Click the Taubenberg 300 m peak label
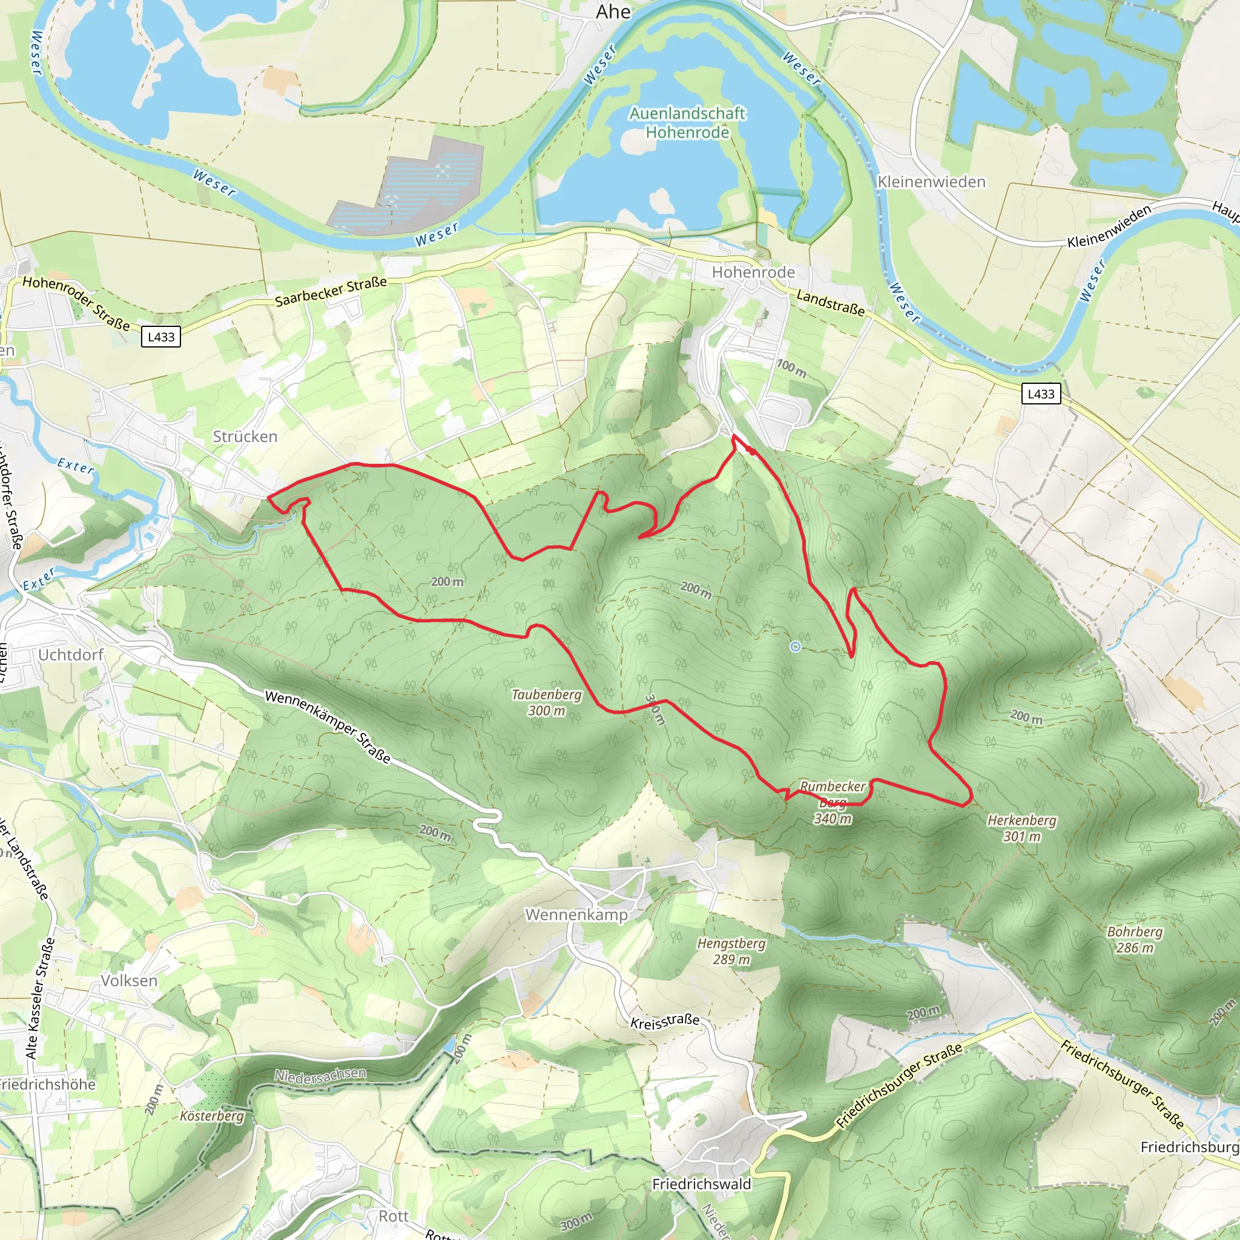coord(546,702)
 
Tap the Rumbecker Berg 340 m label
coord(833,802)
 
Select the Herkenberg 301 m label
coord(1022,828)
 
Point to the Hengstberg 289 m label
coord(731,951)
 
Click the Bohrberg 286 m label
coord(1135,939)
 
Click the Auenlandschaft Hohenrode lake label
coord(687,122)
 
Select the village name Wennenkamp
coord(576,915)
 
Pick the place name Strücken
coord(245,437)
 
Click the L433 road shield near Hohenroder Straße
coord(161,337)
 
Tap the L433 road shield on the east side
coord(1041,394)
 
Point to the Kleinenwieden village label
coord(931,182)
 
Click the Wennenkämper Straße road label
coord(328,727)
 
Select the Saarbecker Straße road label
coord(331,291)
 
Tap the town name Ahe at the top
coord(613,12)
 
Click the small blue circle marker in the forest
coord(795,646)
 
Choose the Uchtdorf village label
coord(71,655)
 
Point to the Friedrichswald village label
coord(702,1184)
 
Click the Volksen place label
coord(129,981)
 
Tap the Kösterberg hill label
coord(212,1116)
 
